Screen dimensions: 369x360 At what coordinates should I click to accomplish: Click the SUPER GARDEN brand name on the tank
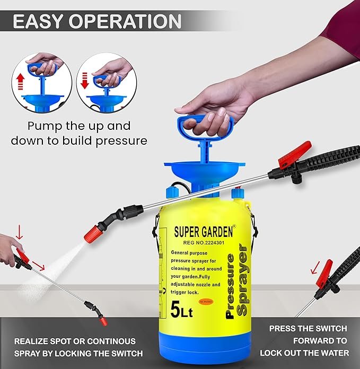pyautogui.click(x=205, y=232)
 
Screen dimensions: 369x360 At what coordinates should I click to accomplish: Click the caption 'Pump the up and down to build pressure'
pyautogui.click(x=78, y=134)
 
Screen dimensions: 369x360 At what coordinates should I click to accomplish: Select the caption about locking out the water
pyautogui.click(x=308, y=340)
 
